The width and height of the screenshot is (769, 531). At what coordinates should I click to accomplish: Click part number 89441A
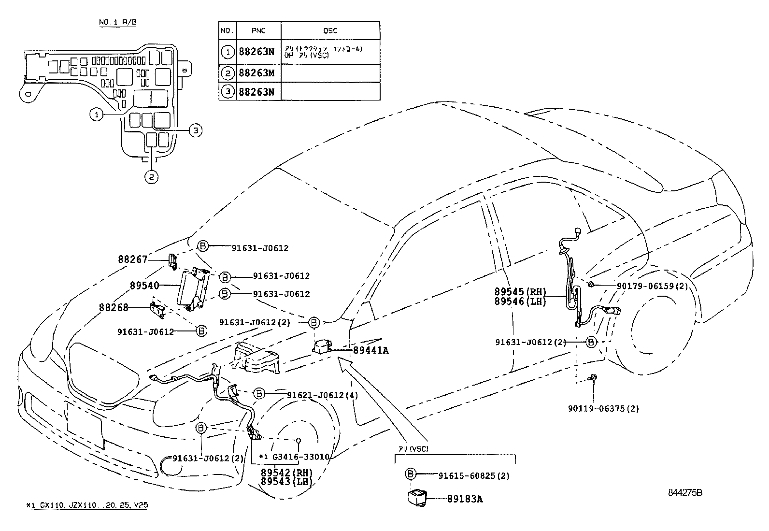click(370, 351)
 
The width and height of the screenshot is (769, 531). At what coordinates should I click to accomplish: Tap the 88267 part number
click(132, 259)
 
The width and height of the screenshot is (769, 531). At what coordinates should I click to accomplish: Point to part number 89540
click(144, 286)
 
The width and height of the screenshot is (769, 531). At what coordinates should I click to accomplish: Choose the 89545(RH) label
click(520, 292)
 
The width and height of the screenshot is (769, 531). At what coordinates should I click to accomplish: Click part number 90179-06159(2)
click(652, 286)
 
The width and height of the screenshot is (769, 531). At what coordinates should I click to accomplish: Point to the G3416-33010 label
click(299, 457)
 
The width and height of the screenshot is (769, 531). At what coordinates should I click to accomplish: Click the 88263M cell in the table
click(256, 73)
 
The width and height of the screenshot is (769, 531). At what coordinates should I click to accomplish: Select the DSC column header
click(330, 30)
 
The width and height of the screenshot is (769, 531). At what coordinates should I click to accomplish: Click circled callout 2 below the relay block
click(151, 177)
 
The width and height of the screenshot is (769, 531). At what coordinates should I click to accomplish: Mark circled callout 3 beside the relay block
click(195, 130)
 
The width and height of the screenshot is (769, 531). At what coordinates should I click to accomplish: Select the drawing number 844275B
click(685, 493)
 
